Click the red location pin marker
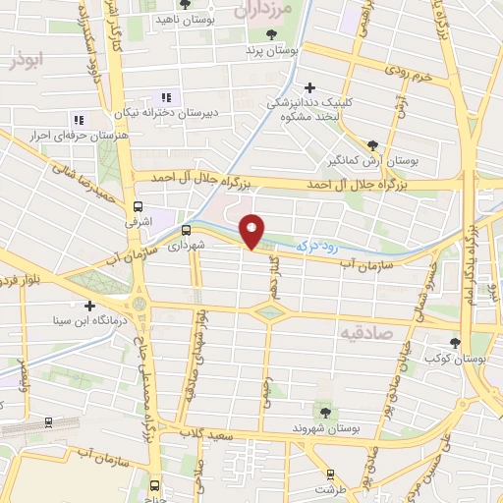(253, 231)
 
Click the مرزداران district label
(263, 11)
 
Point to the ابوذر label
(26, 61)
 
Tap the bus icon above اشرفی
(138, 207)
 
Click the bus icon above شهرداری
(186, 232)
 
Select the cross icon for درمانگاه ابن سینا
(89, 306)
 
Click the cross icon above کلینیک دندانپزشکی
(309, 87)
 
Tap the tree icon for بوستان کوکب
(454, 343)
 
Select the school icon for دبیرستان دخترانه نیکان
(166, 97)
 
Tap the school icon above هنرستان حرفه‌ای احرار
(80, 120)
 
